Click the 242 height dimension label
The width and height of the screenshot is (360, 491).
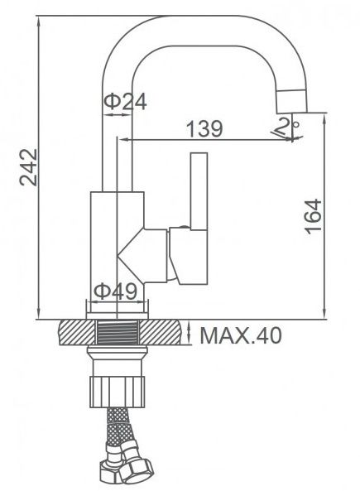pyautogui.click(x=28, y=167)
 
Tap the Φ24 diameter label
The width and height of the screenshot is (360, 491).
pyautogui.click(x=126, y=102)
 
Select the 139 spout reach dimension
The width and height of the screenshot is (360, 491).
pyautogui.click(x=204, y=128)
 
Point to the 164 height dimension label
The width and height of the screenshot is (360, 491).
pyautogui.click(x=314, y=216)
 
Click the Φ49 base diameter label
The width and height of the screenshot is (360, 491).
pyautogui.click(x=116, y=291)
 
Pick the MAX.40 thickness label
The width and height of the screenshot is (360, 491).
pyautogui.click(x=241, y=335)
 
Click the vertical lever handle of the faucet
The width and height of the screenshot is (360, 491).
pyautogui.click(x=199, y=191)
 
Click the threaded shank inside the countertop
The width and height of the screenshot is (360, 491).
pyautogui.click(x=117, y=333)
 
